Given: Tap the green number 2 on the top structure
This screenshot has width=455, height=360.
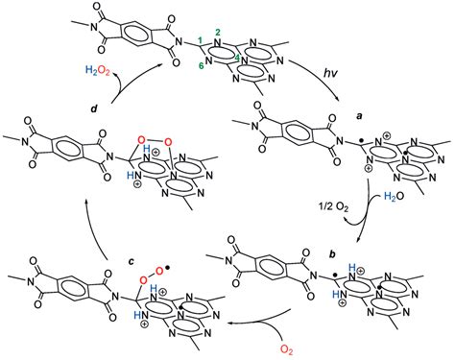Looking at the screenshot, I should [220, 32].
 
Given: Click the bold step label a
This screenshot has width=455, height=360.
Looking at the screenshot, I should [359, 112].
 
